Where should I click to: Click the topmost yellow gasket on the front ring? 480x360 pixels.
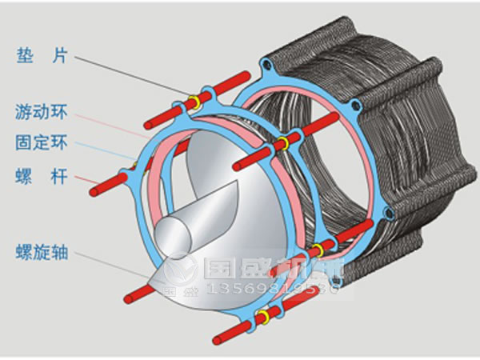pyautogui.click(x=193, y=102)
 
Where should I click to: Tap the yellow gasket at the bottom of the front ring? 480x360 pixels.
pyautogui.click(x=261, y=322)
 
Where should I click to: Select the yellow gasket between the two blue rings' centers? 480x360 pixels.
pyautogui.click(x=282, y=144)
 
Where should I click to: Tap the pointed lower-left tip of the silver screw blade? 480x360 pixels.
pyautogui.click(x=151, y=280)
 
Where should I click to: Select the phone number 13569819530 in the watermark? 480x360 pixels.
pyautogui.click(x=272, y=287)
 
